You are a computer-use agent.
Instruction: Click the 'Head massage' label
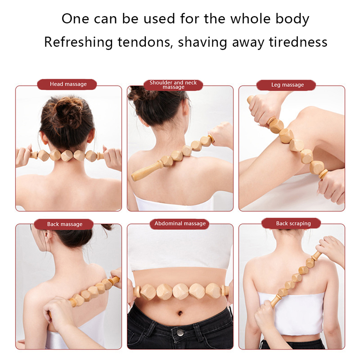click(68, 84)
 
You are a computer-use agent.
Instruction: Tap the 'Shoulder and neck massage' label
click(173, 85)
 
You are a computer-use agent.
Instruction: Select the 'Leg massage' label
click(288, 85)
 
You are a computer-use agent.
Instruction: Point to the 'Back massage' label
click(65, 224)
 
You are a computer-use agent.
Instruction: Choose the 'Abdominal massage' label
click(180, 223)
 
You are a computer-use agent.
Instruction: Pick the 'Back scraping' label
click(293, 223)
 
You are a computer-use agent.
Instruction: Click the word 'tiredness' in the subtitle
click(298, 42)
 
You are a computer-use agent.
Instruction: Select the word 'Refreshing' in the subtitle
click(78, 43)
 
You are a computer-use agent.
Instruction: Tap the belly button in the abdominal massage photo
click(180, 313)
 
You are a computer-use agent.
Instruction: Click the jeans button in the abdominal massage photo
click(180, 332)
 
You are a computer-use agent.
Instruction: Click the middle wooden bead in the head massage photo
click(67, 155)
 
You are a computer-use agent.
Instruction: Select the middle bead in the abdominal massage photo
click(180, 291)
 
